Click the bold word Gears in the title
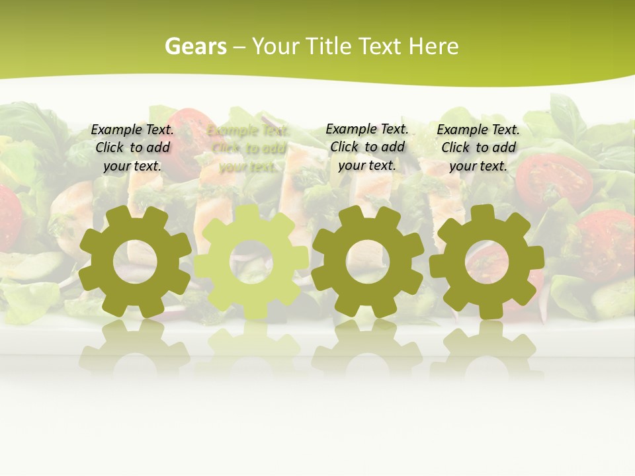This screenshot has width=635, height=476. [195, 46]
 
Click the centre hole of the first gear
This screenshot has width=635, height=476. [136, 262]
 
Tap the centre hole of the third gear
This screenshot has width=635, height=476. [366, 262]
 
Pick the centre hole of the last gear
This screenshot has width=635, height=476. [486, 262]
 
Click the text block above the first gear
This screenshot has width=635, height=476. [132, 147]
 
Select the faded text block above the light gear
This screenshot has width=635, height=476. [247, 147]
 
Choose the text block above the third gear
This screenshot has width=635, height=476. [367, 147]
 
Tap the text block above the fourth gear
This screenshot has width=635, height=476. [478, 147]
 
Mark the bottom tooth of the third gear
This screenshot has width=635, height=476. [366, 309]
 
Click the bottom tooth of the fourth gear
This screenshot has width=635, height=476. [486, 310]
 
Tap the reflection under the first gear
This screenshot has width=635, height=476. [136, 347]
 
